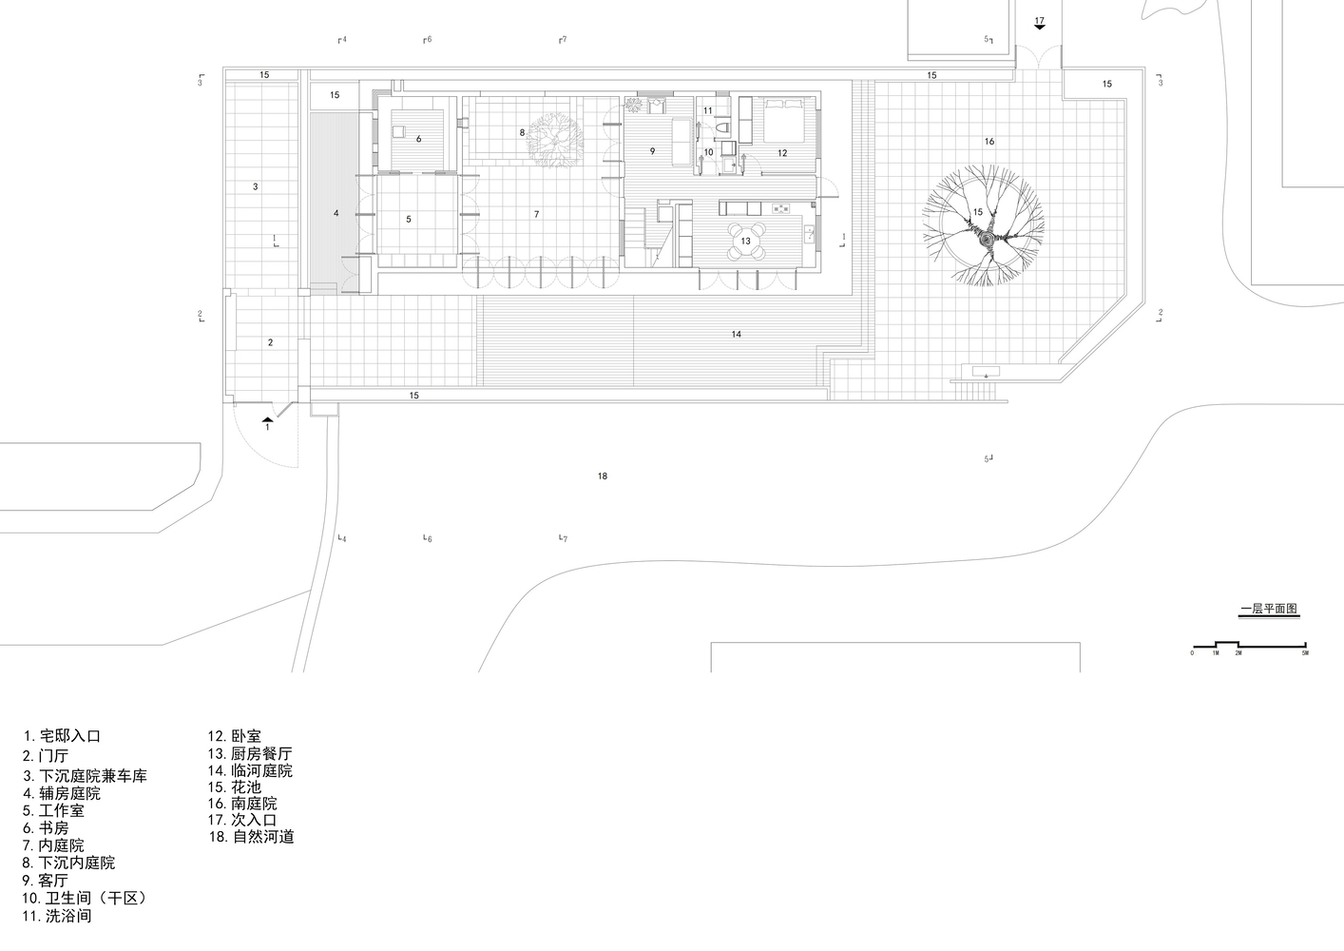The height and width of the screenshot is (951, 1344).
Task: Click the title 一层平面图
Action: coord(1269,609)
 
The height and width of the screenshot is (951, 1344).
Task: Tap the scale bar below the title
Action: coord(1249,645)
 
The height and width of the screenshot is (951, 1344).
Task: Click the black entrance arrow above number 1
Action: coord(268,419)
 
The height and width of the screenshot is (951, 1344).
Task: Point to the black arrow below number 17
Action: coord(1040,27)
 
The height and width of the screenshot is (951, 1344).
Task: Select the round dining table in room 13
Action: coord(745,241)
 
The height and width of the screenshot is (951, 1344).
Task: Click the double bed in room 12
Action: coord(783,112)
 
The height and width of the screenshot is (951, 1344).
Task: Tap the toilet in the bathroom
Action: coord(723,127)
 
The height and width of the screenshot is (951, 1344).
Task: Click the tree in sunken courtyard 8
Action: coord(554,140)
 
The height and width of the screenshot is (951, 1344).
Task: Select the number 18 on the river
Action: coord(603,476)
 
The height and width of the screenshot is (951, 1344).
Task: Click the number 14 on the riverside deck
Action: coord(737,335)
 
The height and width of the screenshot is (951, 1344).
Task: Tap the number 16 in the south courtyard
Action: coord(989,142)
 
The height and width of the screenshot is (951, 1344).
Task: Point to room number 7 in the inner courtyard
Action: coord(536,214)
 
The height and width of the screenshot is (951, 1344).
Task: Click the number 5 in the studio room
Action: coord(409,220)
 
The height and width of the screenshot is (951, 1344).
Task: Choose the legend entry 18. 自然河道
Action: coord(251,837)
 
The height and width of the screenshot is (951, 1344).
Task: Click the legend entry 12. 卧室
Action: coord(235,736)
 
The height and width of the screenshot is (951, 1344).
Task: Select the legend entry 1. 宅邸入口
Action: coord(62,736)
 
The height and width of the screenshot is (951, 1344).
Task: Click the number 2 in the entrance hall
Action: coord(271,342)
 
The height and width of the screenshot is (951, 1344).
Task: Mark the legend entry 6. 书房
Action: coord(46,828)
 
